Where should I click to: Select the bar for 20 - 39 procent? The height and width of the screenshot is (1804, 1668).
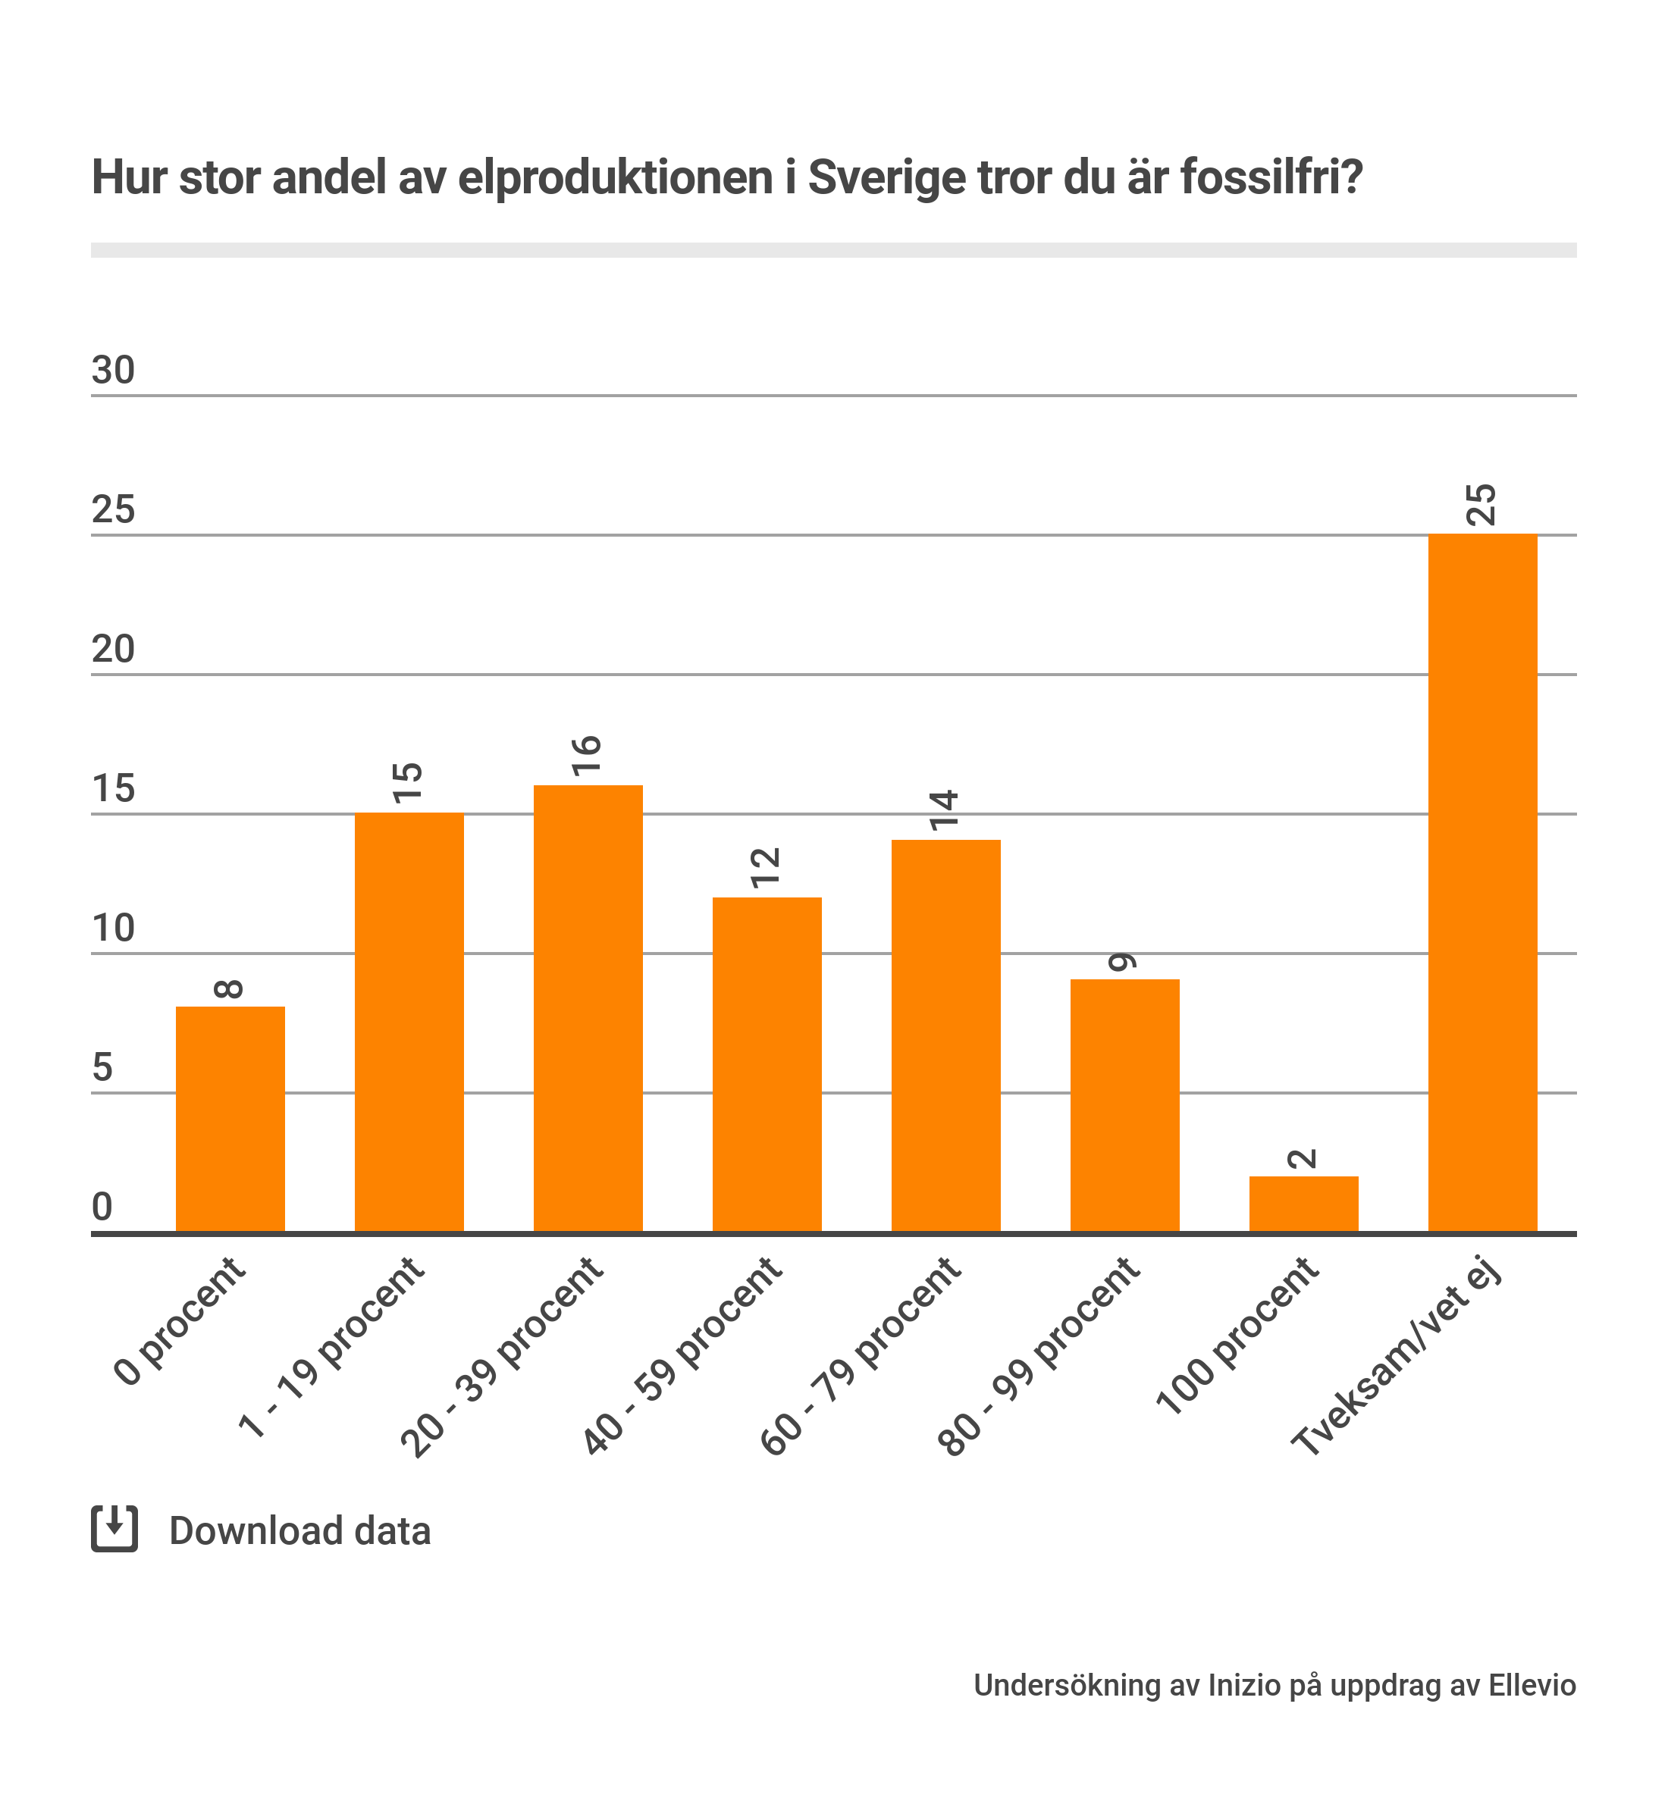(x=588, y=1008)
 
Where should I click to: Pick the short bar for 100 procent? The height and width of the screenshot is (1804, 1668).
(x=1303, y=1204)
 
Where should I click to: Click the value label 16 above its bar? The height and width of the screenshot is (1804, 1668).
(x=588, y=756)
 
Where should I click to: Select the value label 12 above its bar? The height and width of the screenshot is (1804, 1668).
(x=767, y=867)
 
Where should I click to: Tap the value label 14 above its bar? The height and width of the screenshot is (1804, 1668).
(x=945, y=810)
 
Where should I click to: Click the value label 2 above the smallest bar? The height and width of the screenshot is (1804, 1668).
(x=1303, y=1159)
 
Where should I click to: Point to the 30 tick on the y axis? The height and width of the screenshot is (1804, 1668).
(x=114, y=370)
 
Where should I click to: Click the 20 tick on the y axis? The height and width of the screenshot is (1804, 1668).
(x=114, y=649)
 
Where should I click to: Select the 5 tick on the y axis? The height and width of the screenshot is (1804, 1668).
(x=103, y=1067)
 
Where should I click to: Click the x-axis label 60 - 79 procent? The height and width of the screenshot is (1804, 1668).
(x=861, y=1355)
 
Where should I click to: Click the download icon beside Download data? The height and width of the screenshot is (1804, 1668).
(x=114, y=1529)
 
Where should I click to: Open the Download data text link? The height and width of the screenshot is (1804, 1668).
(x=299, y=1531)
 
